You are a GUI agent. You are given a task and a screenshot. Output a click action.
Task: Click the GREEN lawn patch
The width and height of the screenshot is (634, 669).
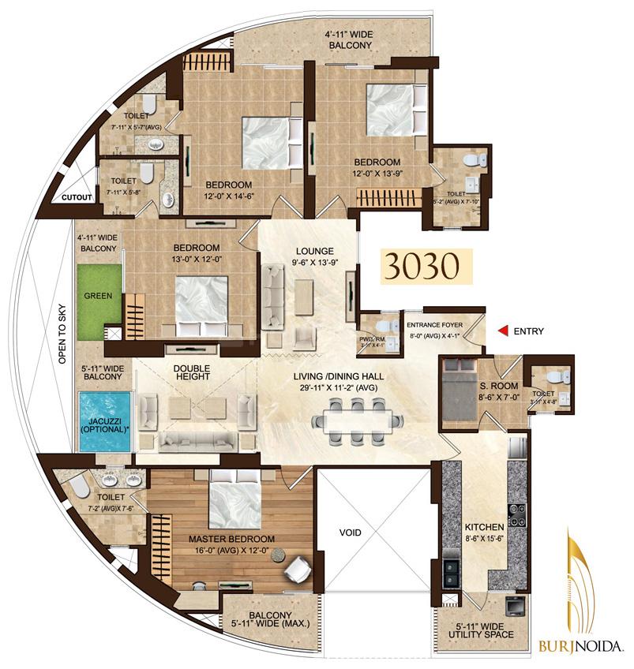[99, 297]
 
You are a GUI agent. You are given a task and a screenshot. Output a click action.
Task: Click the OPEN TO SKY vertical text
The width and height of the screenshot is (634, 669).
[62, 331]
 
